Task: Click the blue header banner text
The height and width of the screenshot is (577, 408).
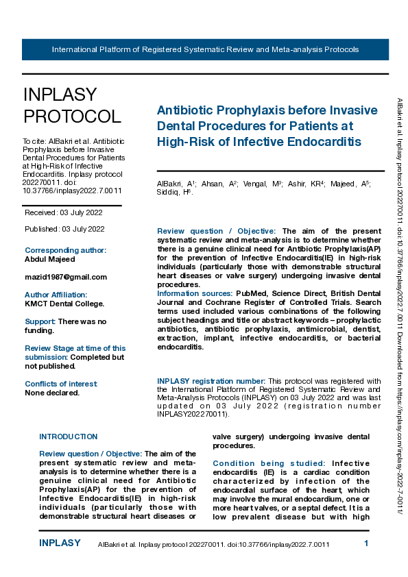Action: click(205, 50)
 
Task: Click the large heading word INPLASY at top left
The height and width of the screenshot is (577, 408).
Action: click(60, 95)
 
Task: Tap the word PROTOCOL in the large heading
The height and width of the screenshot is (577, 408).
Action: click(72, 116)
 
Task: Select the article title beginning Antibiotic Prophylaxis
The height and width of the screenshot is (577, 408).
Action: click(267, 126)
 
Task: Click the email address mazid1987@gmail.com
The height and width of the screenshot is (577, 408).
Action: click(66, 277)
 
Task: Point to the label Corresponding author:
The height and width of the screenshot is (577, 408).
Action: click(65, 250)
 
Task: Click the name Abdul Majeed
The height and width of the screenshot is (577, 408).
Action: click(50, 259)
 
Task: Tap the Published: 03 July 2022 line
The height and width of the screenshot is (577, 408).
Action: click(64, 228)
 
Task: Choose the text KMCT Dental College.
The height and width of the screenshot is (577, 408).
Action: click(64, 304)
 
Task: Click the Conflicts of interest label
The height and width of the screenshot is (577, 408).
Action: click(61, 384)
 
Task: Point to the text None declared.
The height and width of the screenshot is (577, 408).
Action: click(52, 393)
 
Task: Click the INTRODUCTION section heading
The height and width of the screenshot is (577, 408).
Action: click(69, 437)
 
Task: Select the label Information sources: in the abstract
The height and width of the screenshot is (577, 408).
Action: click(194, 293)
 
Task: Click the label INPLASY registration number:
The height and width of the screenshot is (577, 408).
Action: click(211, 380)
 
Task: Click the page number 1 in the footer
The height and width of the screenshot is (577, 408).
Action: click(367, 543)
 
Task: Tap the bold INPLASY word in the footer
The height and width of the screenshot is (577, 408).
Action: click(60, 543)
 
